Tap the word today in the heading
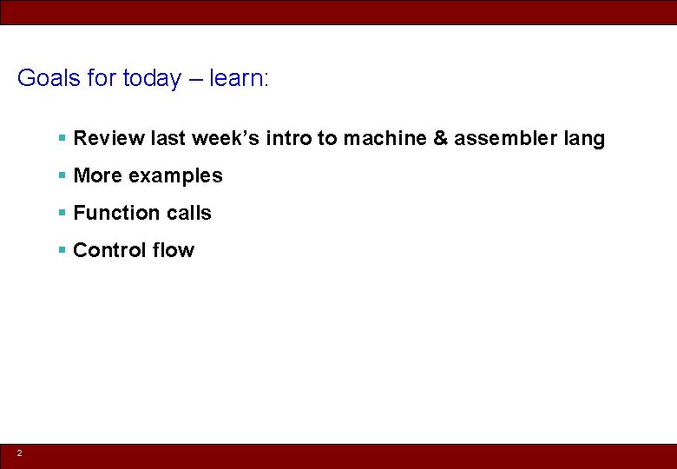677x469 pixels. (152, 78)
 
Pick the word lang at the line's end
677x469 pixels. (584, 138)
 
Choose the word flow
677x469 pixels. (174, 250)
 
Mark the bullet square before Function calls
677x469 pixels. (62, 213)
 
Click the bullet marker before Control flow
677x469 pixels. (62, 250)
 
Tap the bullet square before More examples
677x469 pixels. (62, 175)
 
